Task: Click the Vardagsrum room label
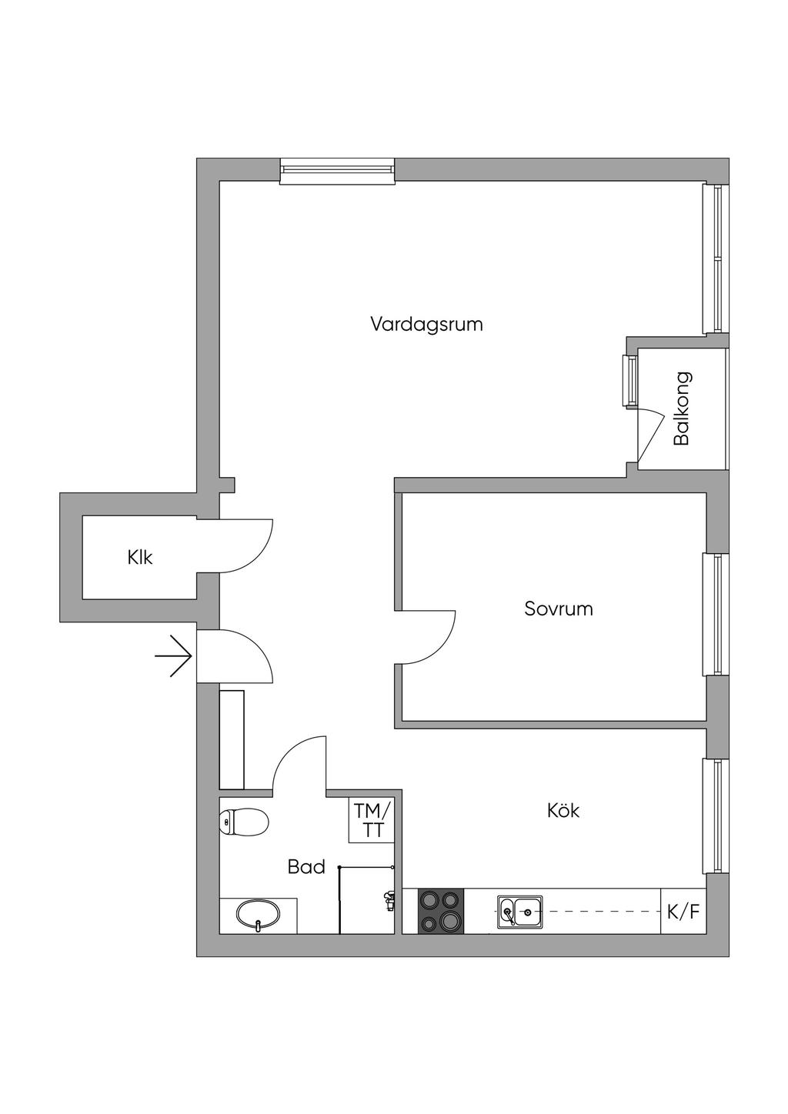coord(426,324)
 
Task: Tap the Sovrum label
coord(559,609)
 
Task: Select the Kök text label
coord(563,810)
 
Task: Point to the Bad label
coord(306,867)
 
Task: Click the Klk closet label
coord(140,557)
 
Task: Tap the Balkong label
coord(682,409)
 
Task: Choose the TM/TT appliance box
coord(373,820)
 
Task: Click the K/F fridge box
coord(683,912)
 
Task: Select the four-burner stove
coord(441,911)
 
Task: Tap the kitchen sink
coord(519,912)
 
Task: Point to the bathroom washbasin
coord(258,916)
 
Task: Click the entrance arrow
coord(174,655)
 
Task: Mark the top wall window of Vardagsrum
coord(337,170)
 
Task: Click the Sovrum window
coord(716,614)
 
